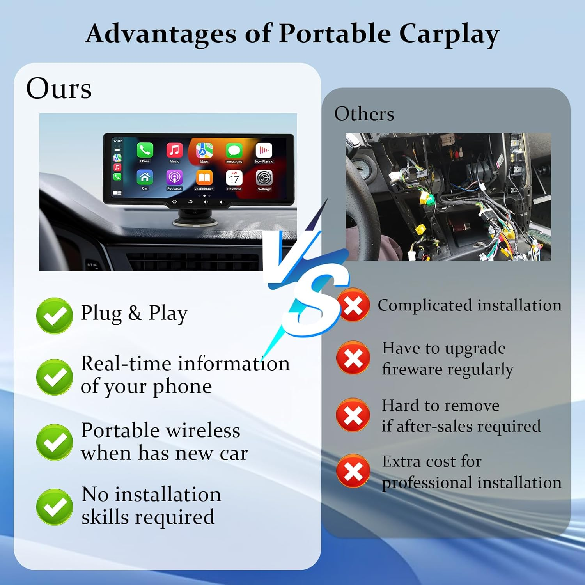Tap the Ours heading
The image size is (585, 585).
point(59,89)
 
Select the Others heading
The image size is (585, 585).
point(364,114)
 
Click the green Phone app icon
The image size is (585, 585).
point(145,150)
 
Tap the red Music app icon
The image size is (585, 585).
point(174,150)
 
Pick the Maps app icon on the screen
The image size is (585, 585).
point(204,151)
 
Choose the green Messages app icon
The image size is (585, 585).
point(234,151)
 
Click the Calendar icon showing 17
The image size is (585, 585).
point(234,178)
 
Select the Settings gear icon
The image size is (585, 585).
point(264,178)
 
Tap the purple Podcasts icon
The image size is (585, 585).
point(174,178)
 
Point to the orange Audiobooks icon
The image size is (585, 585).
point(204,178)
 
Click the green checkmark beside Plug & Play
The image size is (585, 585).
point(54,316)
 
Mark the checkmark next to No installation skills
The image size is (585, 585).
point(54,507)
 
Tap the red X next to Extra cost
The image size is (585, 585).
point(353,471)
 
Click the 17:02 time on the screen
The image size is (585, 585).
point(117,141)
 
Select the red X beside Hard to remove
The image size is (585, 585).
point(353,415)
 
